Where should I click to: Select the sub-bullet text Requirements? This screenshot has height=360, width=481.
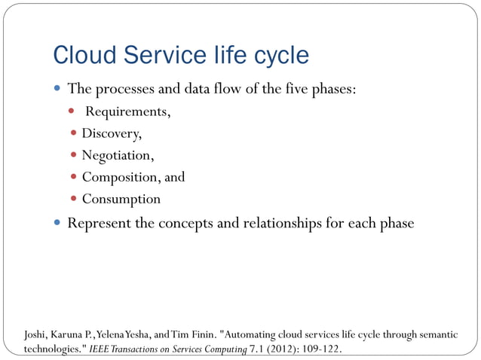pyautogui.click(x=127, y=112)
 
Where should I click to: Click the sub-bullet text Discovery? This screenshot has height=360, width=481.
pyautogui.click(x=111, y=134)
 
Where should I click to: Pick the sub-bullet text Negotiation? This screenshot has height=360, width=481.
pyautogui.click(x=118, y=156)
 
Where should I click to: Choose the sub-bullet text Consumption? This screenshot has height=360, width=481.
pyautogui.click(x=121, y=200)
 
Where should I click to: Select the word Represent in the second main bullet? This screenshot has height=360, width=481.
pyautogui.click(x=99, y=224)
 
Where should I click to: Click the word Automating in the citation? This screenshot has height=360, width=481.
pyautogui.click(x=249, y=334)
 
